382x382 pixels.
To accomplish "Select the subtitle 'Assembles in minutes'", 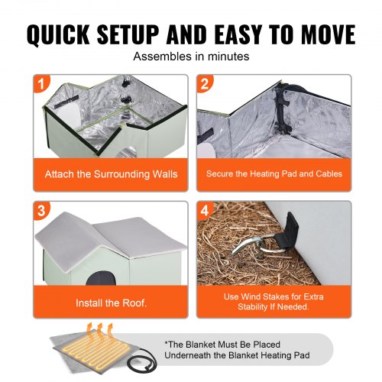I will (x=190, y=57).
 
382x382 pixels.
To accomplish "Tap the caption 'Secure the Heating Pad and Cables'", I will (x=274, y=174).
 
